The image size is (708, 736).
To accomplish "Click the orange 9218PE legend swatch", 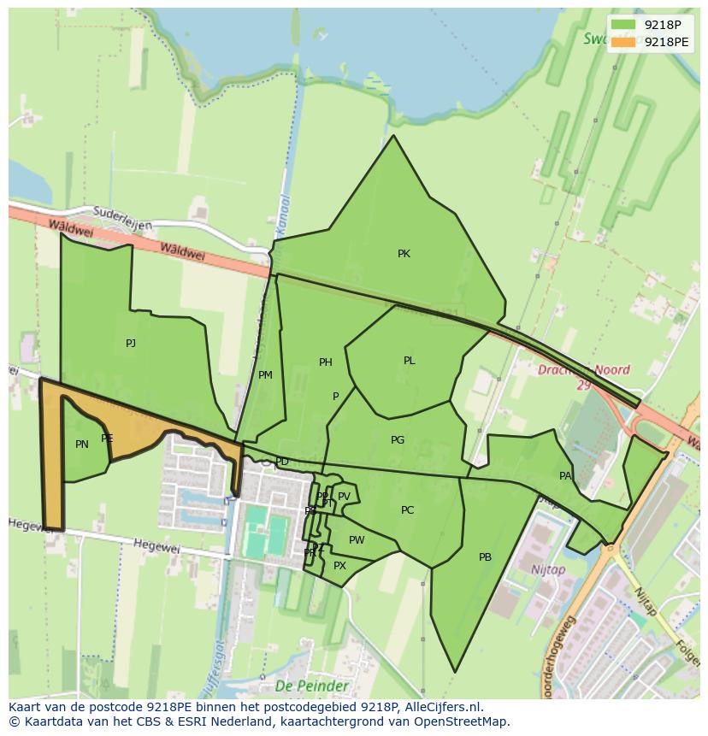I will [623, 42].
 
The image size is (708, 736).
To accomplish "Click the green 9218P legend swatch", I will [623, 25].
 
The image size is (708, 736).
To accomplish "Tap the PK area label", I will [404, 254].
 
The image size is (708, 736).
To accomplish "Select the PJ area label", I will [131, 344].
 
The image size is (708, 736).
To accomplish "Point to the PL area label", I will [409, 361].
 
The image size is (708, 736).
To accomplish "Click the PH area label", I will [325, 362].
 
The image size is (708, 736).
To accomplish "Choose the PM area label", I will [265, 375].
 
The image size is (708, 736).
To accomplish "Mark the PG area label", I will [397, 440].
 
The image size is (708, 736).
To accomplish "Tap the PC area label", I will [407, 510].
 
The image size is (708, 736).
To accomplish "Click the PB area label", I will [485, 557].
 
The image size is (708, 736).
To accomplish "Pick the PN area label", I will [82, 445].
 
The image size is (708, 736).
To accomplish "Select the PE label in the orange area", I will [107, 439].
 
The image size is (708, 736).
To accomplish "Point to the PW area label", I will [357, 540].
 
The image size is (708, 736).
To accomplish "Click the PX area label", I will [339, 566].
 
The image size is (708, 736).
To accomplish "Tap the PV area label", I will [344, 497].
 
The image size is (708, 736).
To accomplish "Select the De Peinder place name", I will [312, 686].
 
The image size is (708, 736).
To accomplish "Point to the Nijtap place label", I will [547, 569].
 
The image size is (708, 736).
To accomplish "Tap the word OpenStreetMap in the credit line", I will [466, 721].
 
